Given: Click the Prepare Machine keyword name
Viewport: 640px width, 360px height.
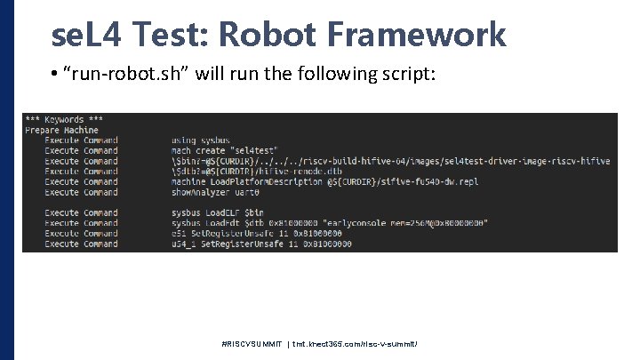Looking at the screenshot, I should pos(61,130).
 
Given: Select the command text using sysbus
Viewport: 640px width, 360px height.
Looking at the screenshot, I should pos(196,140).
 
